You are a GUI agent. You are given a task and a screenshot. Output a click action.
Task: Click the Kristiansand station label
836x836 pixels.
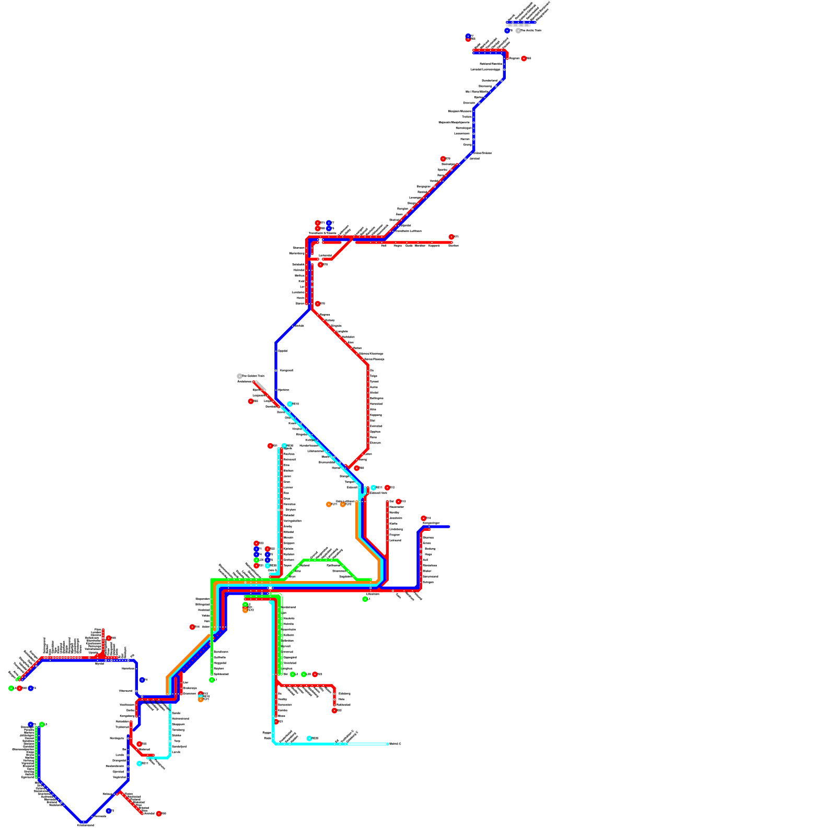86,826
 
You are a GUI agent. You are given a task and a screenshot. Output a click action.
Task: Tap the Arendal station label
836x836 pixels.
149,814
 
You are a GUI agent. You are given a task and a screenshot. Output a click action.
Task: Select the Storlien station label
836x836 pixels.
453,246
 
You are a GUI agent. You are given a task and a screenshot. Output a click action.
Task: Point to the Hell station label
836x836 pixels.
384,246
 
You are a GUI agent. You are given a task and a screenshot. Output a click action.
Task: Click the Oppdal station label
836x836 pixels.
283,351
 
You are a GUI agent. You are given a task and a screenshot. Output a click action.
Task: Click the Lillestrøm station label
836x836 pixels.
373,594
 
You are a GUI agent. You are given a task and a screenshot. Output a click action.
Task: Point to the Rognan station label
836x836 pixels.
515,59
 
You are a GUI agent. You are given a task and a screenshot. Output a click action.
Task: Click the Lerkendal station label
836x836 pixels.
325,256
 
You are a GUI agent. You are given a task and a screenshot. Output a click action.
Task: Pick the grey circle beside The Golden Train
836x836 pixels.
239,376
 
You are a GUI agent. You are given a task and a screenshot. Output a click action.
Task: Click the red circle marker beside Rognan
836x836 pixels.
524,59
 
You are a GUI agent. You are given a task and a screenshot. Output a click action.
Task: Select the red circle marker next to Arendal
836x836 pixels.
159,814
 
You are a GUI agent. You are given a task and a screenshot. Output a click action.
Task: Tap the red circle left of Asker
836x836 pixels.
192,627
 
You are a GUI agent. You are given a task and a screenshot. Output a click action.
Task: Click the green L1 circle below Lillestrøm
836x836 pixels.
365,599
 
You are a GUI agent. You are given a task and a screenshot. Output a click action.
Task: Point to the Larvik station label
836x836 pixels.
176,752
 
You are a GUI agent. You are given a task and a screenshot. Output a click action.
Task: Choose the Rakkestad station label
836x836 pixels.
343,705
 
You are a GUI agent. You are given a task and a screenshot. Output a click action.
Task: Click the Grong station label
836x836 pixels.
467,145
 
